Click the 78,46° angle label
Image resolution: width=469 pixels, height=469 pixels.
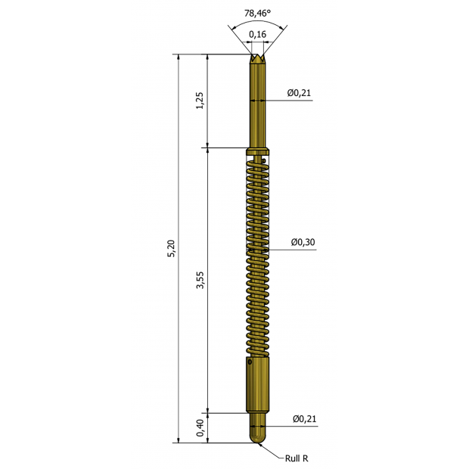coord(257,13)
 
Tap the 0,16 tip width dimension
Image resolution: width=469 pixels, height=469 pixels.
coord(257,34)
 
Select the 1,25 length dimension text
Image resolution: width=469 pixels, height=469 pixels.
coord(200,101)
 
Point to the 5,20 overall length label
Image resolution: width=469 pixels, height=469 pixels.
coord(172,249)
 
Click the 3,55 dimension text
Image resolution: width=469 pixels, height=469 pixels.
coord(200,280)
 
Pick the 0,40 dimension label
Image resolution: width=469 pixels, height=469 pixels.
coord(200,428)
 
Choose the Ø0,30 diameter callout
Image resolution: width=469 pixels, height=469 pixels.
coord(303,242)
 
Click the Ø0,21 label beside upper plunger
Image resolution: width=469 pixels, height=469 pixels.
coord(299,93)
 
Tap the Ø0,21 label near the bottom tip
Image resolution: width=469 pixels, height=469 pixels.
coord(305,419)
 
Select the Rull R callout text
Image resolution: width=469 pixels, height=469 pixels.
coord(297,458)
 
